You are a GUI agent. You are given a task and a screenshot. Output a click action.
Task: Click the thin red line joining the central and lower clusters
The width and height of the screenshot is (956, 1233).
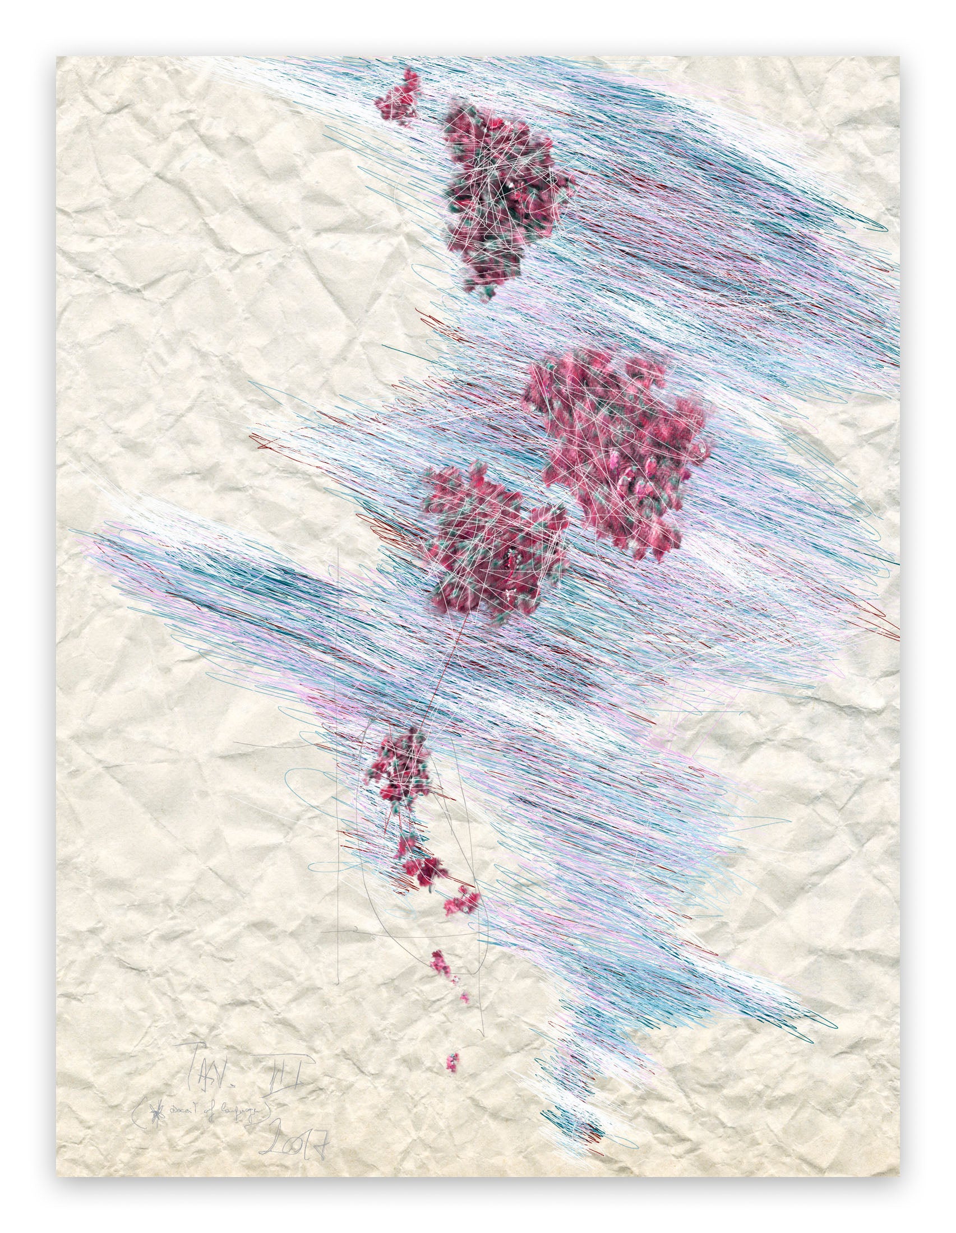[444, 666]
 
